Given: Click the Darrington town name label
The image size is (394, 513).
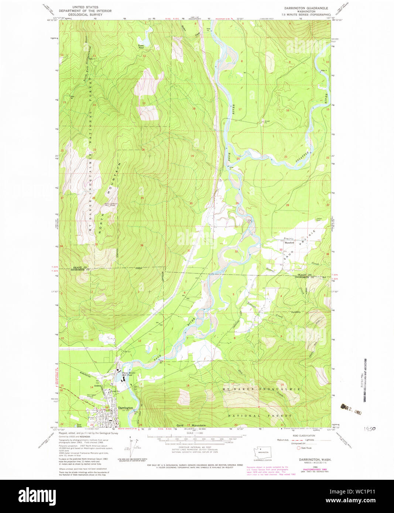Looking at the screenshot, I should (126, 408).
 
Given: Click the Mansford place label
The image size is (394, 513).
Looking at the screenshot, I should (289, 243).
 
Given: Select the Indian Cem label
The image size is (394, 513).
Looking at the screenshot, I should (319, 219).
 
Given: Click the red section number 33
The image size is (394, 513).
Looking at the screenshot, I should (281, 250).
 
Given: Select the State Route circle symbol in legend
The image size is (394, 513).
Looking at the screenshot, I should (299, 448).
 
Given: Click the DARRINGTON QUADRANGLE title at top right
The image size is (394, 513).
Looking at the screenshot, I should (306, 8).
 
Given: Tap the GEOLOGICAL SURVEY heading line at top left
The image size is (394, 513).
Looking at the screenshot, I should (85, 15).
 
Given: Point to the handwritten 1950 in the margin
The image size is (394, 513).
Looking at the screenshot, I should (370, 429).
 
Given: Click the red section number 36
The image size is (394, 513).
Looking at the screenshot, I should (142, 245).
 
